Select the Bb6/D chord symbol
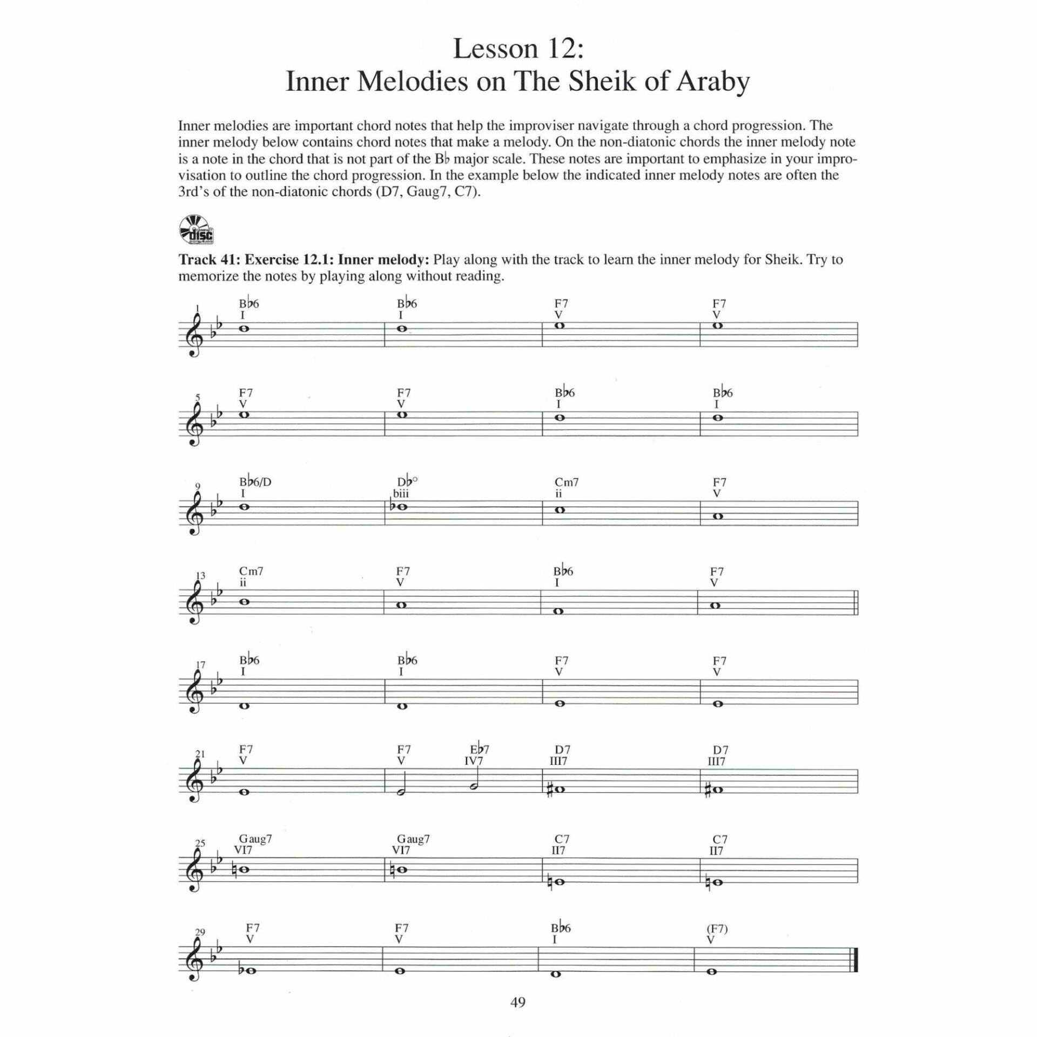(255, 482)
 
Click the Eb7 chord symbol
(480, 750)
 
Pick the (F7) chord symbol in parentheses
(716, 928)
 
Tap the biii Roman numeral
(401, 494)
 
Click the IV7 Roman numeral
(474, 762)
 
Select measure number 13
(200, 576)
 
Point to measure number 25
(200, 843)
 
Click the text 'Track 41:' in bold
(210, 260)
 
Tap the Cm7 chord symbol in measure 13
(251, 571)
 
